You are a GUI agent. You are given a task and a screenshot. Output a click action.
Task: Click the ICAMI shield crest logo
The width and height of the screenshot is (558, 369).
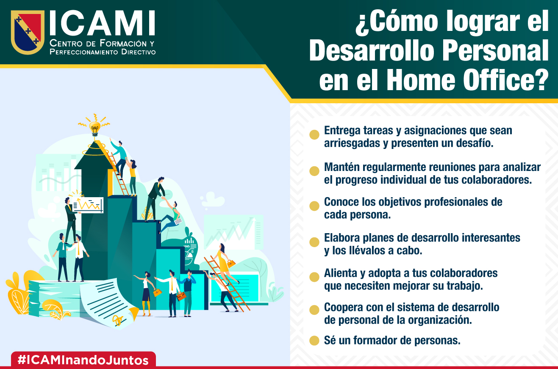click(28, 32)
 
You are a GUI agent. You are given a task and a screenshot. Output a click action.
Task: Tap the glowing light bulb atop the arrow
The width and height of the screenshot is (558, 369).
click(94, 128)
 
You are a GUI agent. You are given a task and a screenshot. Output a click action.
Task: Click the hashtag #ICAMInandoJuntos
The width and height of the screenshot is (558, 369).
click(83, 360)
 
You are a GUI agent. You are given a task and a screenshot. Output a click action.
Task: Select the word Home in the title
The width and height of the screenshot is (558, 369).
click(421, 80)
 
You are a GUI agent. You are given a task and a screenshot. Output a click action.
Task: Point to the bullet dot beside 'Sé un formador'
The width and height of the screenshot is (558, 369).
click(314, 340)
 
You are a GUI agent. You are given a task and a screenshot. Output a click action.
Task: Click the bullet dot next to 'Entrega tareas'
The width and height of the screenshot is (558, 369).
click(314, 135)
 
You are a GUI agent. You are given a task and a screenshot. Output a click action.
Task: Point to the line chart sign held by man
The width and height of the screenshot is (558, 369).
click(88, 205)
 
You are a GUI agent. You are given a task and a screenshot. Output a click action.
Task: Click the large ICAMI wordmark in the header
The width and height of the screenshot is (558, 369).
click(103, 23)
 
